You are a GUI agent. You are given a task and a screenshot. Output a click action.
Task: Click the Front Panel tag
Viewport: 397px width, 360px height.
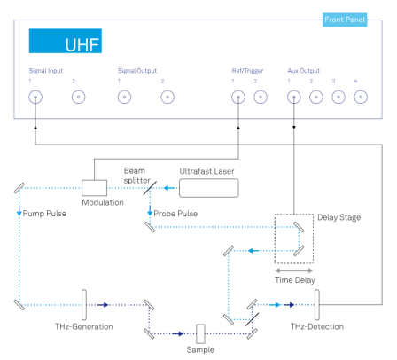(345, 20)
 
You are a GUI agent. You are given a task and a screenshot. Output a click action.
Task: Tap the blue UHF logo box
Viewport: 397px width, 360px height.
(66, 41)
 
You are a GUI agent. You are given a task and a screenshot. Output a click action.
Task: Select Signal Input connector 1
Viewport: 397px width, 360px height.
(35, 97)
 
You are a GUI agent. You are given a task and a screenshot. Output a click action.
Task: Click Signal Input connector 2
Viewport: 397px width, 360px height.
(79, 97)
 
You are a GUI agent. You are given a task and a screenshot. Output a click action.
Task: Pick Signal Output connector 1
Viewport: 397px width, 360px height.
(124, 97)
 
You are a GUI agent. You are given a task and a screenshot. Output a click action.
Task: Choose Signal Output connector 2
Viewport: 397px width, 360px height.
(167, 97)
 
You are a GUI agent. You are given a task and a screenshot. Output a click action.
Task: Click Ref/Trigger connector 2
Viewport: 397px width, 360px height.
(261, 97)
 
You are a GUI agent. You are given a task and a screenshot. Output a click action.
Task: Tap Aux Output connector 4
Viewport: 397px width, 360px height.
(361, 97)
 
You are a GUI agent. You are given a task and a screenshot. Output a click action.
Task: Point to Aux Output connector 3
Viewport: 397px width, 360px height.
(339, 97)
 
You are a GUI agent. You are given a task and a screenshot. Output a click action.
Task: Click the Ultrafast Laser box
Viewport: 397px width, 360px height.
(209, 188)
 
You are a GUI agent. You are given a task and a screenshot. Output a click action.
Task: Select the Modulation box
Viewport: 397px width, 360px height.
(94, 188)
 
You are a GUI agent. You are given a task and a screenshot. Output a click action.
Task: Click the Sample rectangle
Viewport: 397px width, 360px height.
(200, 333)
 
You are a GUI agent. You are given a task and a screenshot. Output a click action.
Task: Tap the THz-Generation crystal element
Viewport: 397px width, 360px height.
(84, 305)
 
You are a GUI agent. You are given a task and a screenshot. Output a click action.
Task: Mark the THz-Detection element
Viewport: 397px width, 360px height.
(317, 305)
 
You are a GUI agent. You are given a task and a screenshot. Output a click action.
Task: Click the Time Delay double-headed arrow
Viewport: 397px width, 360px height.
(294, 270)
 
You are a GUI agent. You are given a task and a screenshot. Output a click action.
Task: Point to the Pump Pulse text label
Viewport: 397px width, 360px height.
(44, 214)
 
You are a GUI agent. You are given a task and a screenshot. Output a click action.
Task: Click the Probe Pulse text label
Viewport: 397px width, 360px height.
(175, 214)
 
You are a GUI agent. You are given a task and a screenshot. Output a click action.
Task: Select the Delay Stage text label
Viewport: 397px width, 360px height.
(339, 217)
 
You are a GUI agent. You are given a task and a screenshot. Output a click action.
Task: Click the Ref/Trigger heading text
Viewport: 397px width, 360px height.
(247, 71)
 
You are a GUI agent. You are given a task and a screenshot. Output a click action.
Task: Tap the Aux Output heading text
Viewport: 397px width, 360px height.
(304, 71)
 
